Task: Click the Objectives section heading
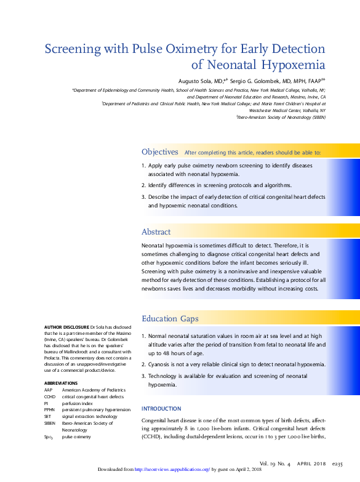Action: point(160,151)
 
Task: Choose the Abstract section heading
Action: point(156,231)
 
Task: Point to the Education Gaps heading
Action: point(170,318)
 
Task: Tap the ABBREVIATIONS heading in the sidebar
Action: point(61,383)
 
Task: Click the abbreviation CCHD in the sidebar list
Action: point(50,397)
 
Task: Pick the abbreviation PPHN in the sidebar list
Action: point(50,409)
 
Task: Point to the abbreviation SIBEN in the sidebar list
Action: point(50,423)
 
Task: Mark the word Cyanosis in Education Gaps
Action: point(161,364)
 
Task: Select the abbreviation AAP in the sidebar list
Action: point(48,390)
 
